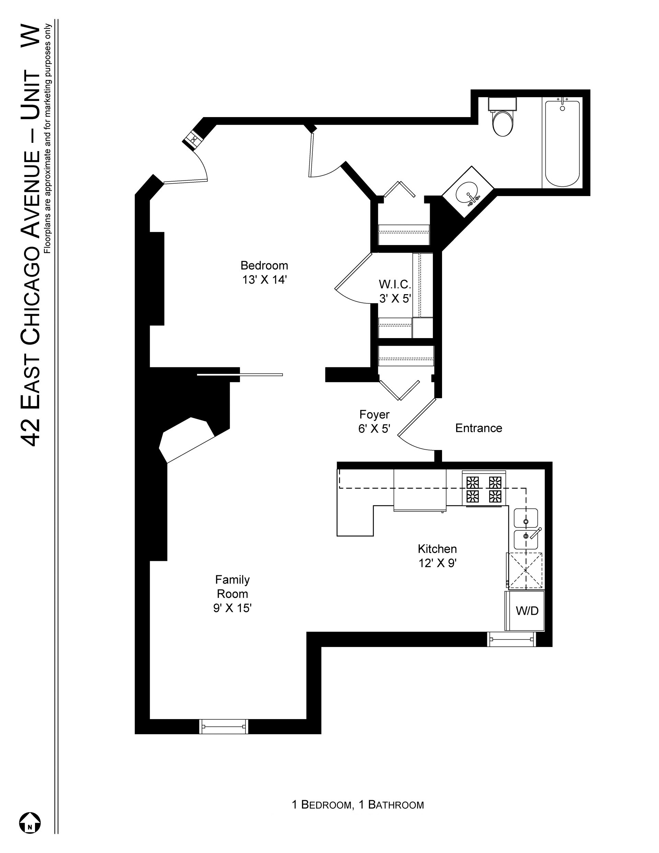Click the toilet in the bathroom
point(503,118)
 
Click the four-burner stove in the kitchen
point(484,489)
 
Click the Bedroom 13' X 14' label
point(264,273)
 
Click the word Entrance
point(478,428)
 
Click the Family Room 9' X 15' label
point(232,593)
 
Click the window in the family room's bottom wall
point(224,726)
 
